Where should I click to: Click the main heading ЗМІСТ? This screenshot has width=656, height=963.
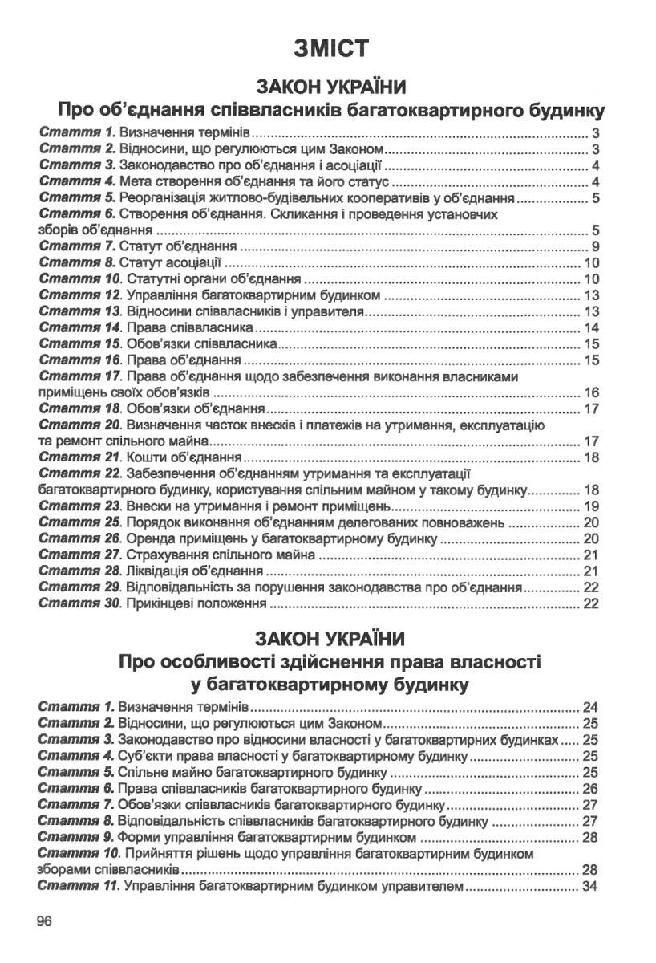331,49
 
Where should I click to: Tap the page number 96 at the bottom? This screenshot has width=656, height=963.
43,921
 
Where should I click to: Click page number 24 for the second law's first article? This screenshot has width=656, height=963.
592,708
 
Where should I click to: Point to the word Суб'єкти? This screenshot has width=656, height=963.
143,756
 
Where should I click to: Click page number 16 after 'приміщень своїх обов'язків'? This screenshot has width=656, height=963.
592,393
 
